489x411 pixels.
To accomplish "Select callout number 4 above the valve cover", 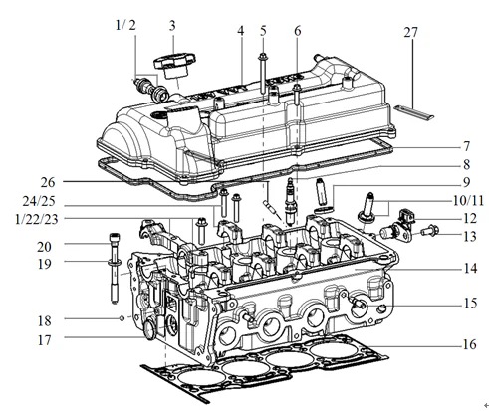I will pos(240,31).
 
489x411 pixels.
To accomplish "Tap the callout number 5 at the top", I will pos(264,31).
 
